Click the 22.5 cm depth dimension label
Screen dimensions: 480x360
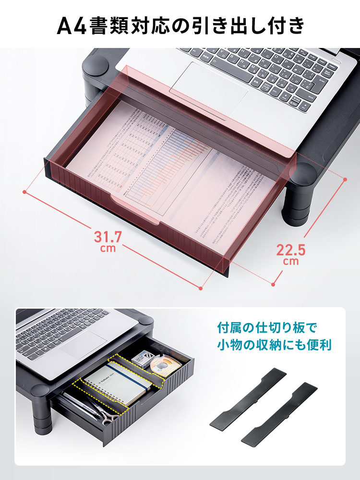pyautogui.click(x=291, y=253)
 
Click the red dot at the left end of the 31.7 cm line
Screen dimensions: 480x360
pyautogui.click(x=24, y=192)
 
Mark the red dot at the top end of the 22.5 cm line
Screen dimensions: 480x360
pyautogui.click(x=345, y=180)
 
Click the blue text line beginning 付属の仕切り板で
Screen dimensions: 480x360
pyautogui.click(x=267, y=328)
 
